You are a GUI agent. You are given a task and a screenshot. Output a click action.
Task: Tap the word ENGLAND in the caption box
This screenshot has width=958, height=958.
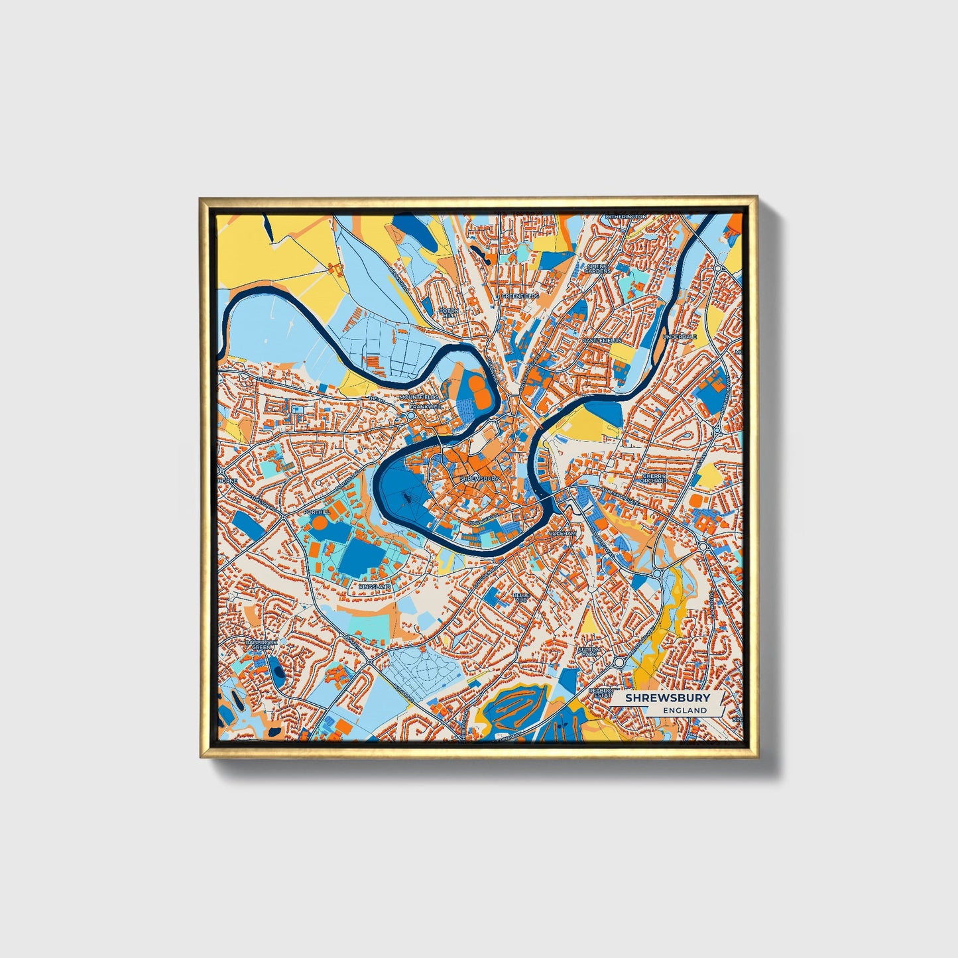click(685, 710)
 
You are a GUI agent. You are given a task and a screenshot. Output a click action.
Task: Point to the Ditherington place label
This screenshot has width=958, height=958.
click(625, 217)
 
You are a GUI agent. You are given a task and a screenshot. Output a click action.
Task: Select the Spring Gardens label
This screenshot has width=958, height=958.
click(597, 268)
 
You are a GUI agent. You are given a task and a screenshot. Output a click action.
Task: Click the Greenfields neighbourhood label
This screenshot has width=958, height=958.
click(520, 296)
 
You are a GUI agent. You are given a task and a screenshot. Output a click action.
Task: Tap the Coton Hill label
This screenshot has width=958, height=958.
click(448, 313)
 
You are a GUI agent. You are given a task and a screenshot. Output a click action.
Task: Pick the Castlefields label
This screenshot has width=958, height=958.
click(602, 340)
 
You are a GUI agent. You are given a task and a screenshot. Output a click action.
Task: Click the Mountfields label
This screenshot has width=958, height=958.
click(418, 397)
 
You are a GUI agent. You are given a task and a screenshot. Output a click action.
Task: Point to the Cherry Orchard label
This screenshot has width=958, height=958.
click(654, 477)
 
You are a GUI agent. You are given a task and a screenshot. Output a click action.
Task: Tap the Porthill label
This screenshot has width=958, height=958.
click(316, 512)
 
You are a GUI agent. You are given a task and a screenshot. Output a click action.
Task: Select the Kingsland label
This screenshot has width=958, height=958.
click(375, 587)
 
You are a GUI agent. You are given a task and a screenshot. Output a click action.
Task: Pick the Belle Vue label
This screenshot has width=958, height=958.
click(520, 597)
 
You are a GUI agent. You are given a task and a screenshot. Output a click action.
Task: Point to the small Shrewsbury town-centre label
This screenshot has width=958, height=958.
click(479, 478)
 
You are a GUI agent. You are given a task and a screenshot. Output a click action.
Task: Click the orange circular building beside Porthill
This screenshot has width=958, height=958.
click(319, 524)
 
